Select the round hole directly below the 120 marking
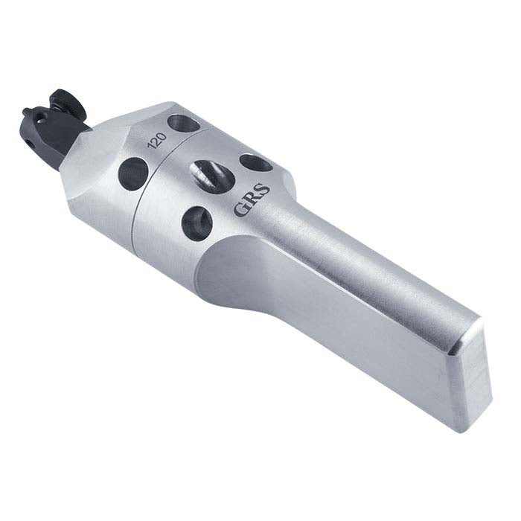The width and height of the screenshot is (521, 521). coord(132,172)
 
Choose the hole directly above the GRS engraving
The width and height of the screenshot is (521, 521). coord(255,163)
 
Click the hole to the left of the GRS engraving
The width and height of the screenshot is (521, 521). coord(198,220)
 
